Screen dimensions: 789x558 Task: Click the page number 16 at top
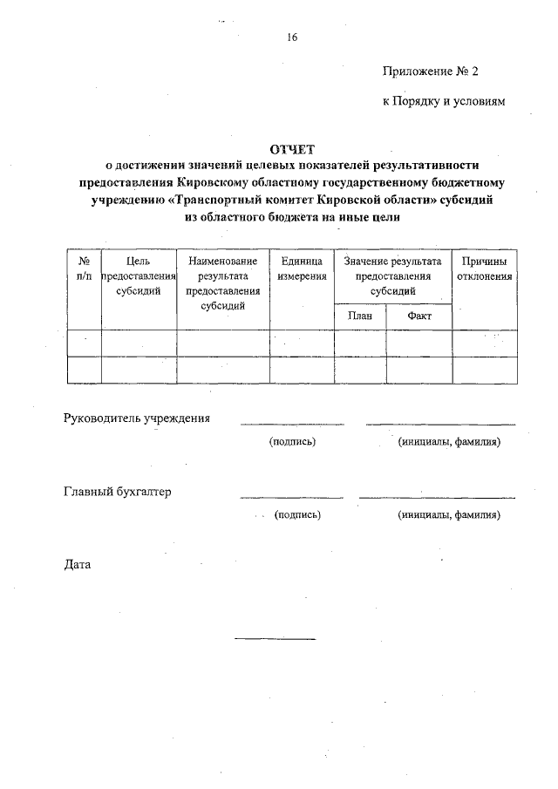click(x=292, y=37)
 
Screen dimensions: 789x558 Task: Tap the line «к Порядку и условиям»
click(x=444, y=101)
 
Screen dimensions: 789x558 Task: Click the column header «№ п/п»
click(x=85, y=269)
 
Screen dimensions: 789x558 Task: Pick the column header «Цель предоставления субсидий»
click(x=139, y=276)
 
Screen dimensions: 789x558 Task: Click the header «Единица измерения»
click(x=302, y=269)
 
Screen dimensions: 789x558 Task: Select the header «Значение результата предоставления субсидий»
click(x=392, y=276)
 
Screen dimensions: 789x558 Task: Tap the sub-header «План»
click(x=360, y=316)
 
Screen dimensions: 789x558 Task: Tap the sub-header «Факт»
click(x=419, y=316)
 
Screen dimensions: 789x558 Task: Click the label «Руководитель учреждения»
click(x=137, y=418)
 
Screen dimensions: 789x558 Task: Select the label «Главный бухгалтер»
click(x=118, y=492)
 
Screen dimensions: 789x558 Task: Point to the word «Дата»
click(x=78, y=564)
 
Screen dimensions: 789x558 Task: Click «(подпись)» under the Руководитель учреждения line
click(x=292, y=442)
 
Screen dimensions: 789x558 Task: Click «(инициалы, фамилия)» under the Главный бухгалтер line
click(x=448, y=514)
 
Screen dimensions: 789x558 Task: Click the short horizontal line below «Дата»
click(x=275, y=639)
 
